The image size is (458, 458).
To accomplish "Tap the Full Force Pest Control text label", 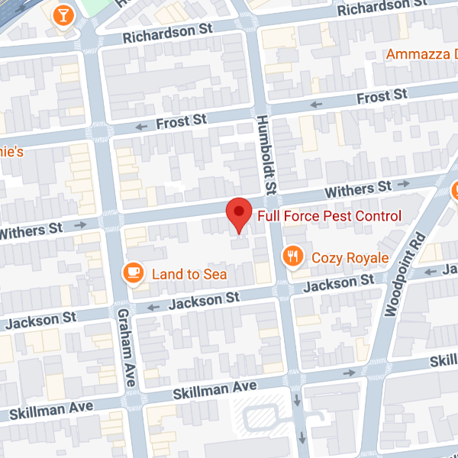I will [x=328, y=216].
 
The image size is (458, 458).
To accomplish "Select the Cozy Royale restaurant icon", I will [x=291, y=256].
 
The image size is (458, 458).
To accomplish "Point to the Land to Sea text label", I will [x=189, y=273].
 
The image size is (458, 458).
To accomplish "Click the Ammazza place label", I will [x=421, y=54].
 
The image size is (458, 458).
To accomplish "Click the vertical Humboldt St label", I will [x=267, y=153].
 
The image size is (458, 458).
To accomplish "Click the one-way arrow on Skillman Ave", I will [x=349, y=373].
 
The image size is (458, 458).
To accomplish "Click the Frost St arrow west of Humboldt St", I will [x=140, y=127].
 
